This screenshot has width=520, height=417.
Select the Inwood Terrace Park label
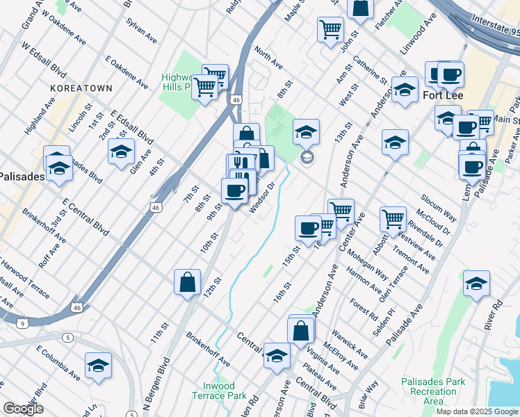[x=224, y=391]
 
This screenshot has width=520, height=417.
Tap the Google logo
[x=24, y=409]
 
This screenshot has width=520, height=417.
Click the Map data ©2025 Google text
[x=477, y=411]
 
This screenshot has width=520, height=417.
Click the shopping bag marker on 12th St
[x=187, y=282]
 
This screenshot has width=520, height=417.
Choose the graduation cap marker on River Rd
[x=476, y=284]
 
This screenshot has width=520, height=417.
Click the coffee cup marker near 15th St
[x=308, y=227]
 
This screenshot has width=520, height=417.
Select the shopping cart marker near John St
[x=330, y=29]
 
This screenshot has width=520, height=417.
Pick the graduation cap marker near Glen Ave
[x=121, y=151]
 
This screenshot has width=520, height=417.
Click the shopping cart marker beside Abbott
[x=393, y=219]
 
